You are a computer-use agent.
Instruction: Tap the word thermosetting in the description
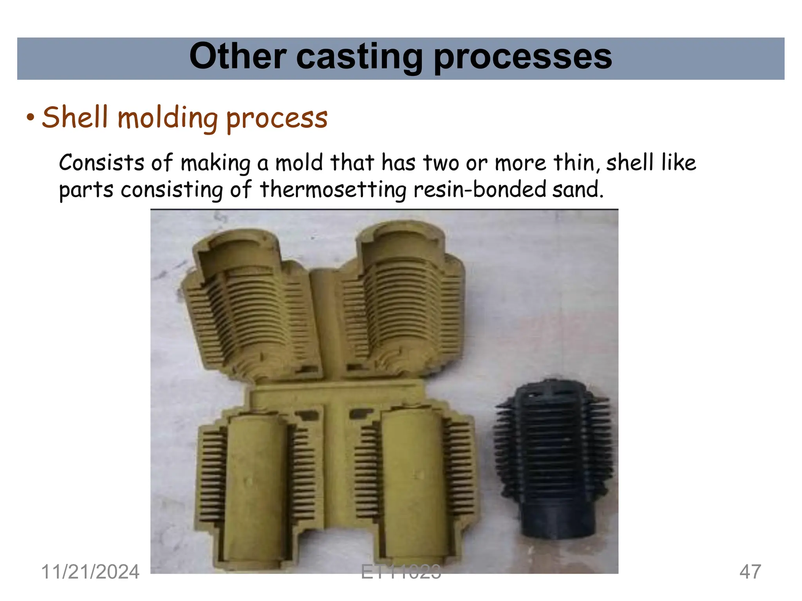click(333, 189)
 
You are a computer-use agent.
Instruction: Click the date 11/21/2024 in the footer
click(90, 572)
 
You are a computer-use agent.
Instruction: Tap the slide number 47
click(750, 572)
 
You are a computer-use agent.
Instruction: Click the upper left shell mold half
click(251, 305)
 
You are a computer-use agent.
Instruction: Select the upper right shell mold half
click(403, 301)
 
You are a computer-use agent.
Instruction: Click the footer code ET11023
click(401, 572)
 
